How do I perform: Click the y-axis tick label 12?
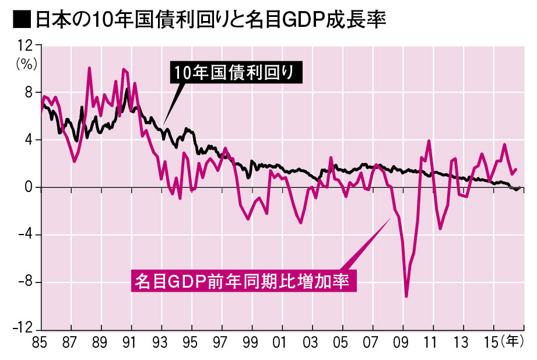click(x=25, y=45)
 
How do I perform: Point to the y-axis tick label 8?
click(x=29, y=92)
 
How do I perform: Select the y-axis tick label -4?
click(x=26, y=235)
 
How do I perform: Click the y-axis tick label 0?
click(x=29, y=187)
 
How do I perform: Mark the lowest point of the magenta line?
click(x=406, y=296)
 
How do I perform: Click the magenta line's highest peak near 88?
click(x=89, y=68)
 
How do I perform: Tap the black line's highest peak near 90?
click(x=127, y=89)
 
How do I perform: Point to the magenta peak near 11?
click(x=429, y=141)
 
